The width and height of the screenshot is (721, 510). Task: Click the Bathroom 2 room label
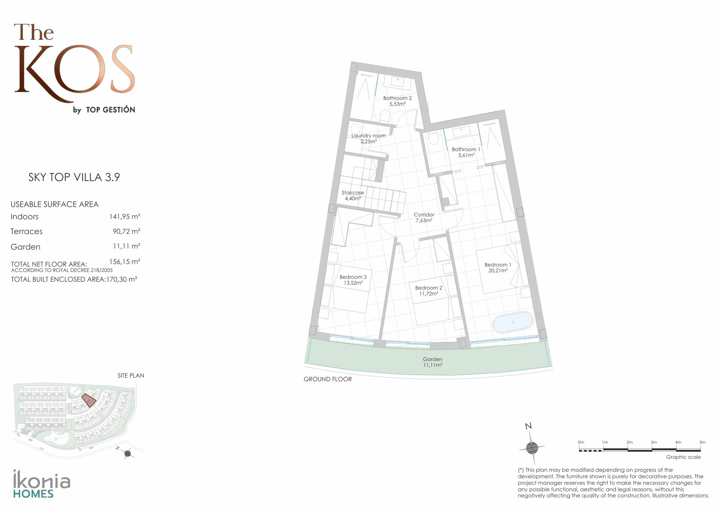(x=397, y=98)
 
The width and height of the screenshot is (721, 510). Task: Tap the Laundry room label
(x=368, y=136)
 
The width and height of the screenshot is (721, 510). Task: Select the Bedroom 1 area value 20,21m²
(x=498, y=271)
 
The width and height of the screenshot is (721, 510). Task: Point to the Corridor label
(x=424, y=215)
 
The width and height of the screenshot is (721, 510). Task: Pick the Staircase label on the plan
(x=353, y=193)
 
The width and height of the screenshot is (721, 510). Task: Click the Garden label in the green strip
(x=433, y=359)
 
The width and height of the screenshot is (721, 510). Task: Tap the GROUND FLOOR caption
(x=328, y=379)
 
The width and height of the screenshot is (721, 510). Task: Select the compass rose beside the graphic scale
(x=531, y=447)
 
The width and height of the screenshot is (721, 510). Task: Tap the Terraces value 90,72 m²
(x=126, y=231)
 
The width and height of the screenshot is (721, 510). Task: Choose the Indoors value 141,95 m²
(x=125, y=216)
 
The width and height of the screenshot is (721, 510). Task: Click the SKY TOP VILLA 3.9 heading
(x=74, y=177)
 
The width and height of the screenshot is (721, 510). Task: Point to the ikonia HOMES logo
(x=41, y=484)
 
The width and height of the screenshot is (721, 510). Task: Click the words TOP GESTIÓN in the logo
(x=111, y=110)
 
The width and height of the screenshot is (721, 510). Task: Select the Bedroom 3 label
(x=353, y=277)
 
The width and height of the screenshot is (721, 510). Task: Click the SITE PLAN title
(x=131, y=375)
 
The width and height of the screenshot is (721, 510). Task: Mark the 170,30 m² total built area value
(x=121, y=279)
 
